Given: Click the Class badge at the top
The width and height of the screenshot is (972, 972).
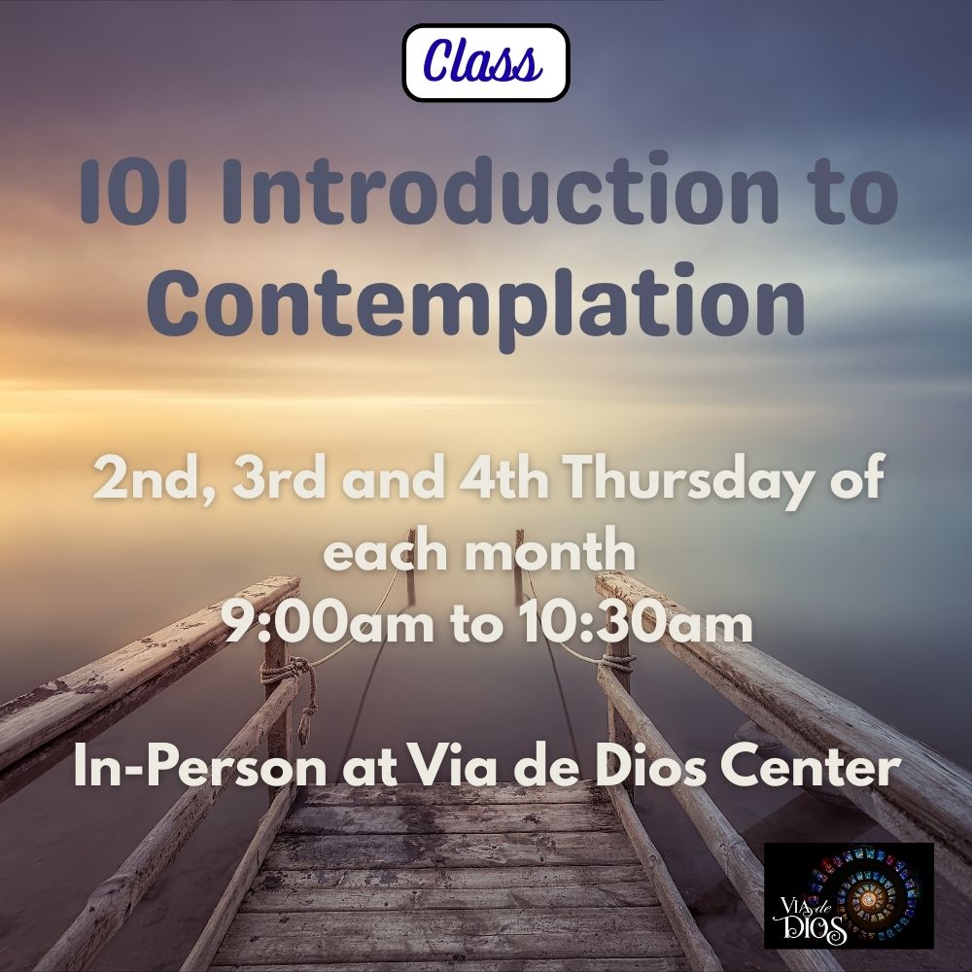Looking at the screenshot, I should pos(485,63).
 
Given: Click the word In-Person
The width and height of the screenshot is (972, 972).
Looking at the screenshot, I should pos(197,770).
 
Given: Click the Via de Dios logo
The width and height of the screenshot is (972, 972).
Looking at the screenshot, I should pos(849,895).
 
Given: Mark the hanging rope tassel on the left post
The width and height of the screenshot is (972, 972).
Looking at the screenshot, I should pos(310,723).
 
